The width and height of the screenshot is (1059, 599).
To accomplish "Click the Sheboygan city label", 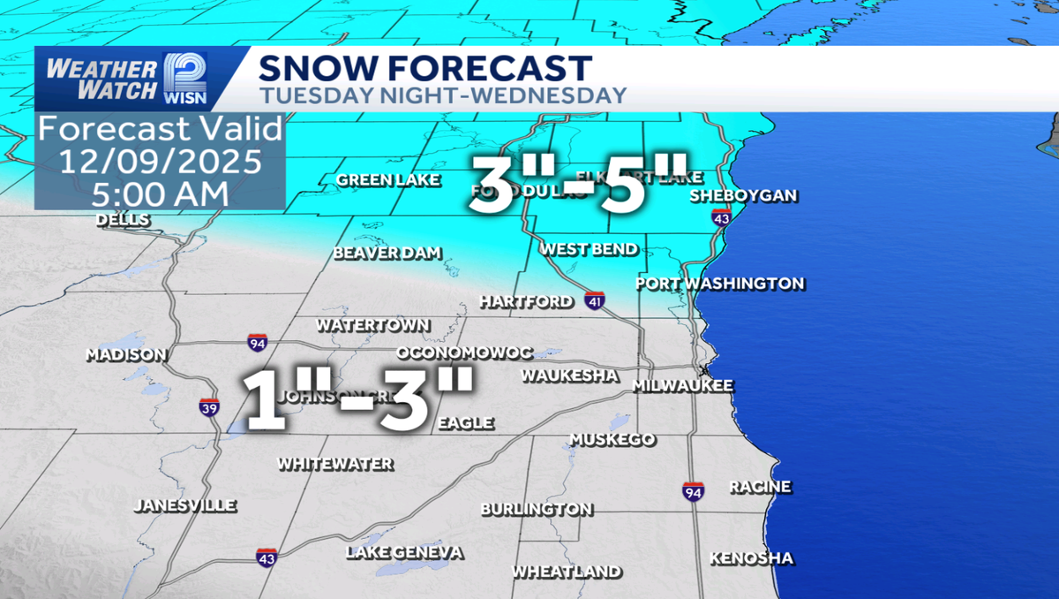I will coord(743,195).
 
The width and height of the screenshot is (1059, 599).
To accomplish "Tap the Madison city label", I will coord(126,355).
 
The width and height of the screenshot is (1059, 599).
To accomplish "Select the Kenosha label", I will coord(751,558).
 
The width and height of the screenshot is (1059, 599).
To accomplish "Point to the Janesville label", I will coord(185,505).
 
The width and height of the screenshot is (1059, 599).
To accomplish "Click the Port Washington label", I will coord(720,284).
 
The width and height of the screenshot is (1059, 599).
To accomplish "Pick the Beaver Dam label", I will coord(387,254).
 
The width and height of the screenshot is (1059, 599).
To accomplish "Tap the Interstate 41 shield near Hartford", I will coord(594,301).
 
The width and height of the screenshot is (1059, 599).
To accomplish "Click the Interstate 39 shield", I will coord(209,406).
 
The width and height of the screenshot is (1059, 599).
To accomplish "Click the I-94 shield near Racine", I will coord(693,492).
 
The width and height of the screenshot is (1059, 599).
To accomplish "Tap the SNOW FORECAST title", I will coord(425,68).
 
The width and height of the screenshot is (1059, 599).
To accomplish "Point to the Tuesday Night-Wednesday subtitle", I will coord(443,95).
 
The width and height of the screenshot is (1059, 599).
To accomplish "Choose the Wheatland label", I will coord(567,572).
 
